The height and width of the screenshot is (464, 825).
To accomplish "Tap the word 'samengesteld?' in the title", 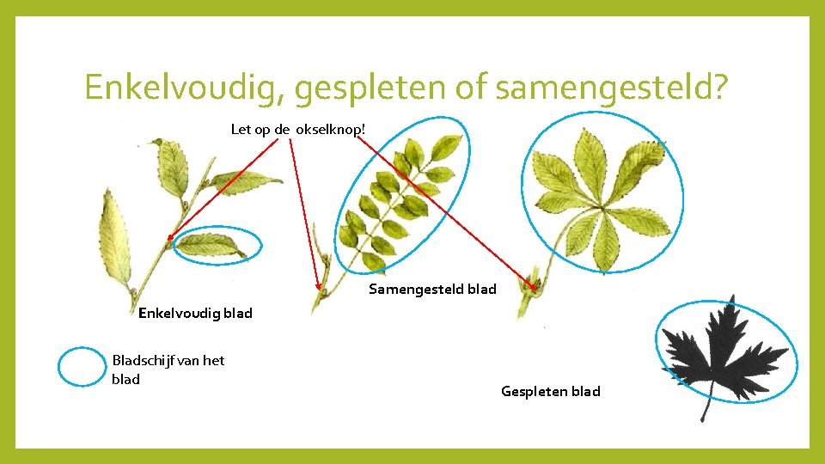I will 612,89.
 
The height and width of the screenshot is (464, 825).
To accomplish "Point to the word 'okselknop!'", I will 332,130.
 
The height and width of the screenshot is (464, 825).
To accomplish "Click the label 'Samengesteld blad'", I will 432,290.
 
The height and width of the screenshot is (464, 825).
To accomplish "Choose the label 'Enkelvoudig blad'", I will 195,313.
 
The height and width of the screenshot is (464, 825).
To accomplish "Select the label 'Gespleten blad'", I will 550,392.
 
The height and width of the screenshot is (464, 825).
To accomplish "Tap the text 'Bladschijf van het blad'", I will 168,369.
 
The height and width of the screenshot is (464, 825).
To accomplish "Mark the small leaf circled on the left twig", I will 211,246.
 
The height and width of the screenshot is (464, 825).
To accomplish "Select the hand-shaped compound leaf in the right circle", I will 602,198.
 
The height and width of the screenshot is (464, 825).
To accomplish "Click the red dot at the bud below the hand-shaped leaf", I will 533,277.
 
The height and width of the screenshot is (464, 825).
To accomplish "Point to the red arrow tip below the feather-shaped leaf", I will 319,287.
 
